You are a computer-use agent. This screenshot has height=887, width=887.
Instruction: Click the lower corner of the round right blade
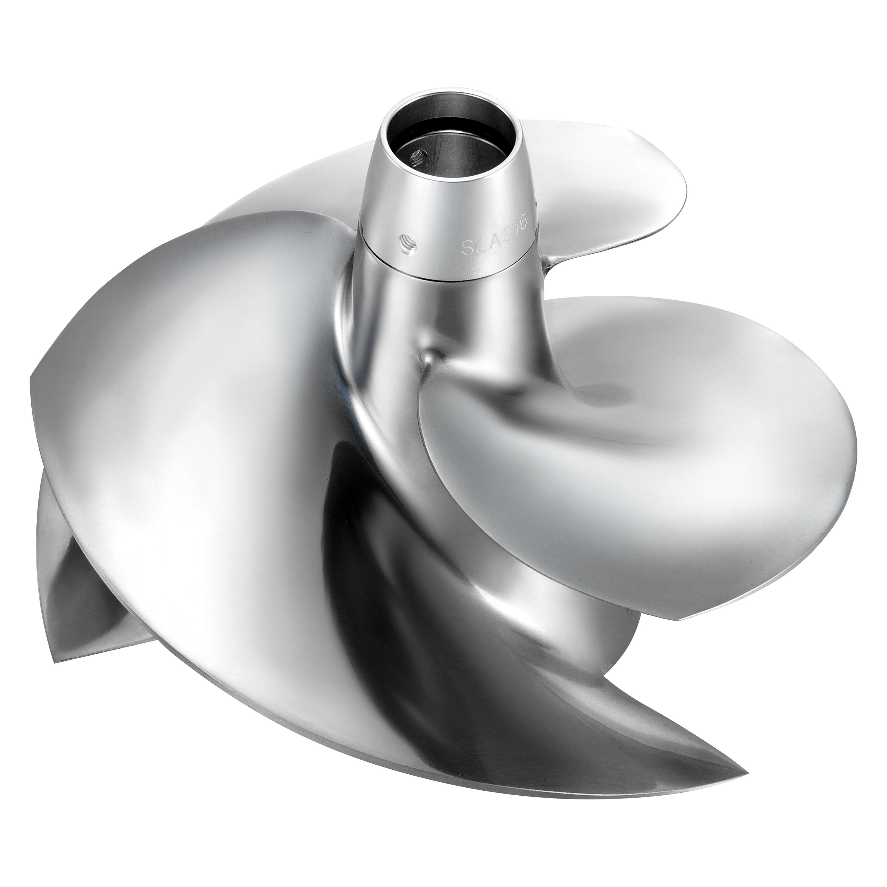coord(679,619)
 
